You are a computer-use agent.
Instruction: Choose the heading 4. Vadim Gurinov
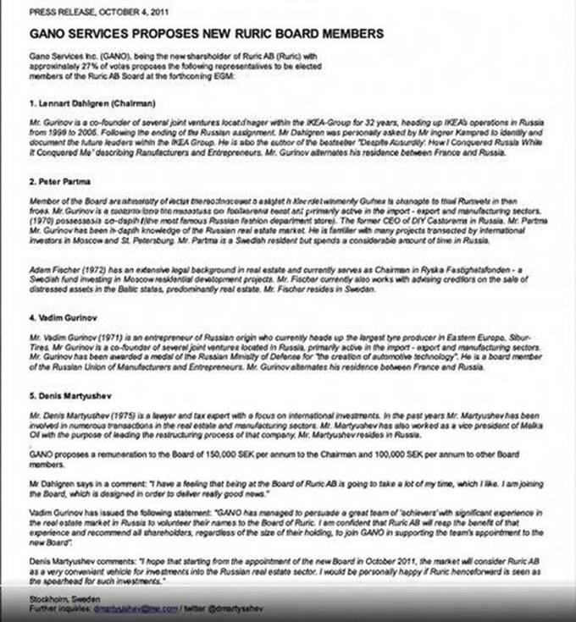pyautogui.click(x=69, y=320)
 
